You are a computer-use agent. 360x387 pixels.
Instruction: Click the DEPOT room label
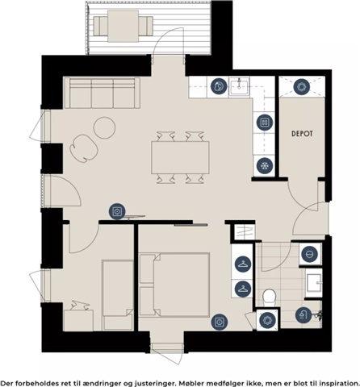[302, 134]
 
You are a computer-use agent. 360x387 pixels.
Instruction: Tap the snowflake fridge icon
[265, 165]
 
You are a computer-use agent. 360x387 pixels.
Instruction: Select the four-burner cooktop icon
[265, 123]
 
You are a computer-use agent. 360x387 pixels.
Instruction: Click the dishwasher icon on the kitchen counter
[219, 86]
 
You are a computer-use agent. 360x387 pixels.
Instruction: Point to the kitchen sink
[239, 86]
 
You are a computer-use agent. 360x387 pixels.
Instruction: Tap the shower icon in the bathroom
[303, 315]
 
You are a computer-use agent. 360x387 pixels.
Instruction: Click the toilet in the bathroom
[269, 298]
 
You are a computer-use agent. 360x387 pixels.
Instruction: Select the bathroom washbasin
[314, 282]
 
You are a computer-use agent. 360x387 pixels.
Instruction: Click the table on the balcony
[123, 26]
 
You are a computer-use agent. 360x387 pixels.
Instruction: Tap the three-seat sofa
[102, 93]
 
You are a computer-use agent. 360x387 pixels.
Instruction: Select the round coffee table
[105, 127]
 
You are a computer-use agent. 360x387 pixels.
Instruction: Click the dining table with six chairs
[180, 157]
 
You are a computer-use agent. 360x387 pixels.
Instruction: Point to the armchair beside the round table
[83, 148]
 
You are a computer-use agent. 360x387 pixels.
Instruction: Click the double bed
[174, 285]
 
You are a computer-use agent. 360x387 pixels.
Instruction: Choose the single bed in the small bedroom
[118, 295]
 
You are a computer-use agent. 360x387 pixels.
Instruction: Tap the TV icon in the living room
[117, 211]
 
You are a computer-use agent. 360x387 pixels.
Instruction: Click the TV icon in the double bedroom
[220, 322]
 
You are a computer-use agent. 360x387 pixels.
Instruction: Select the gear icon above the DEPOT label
[301, 87]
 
